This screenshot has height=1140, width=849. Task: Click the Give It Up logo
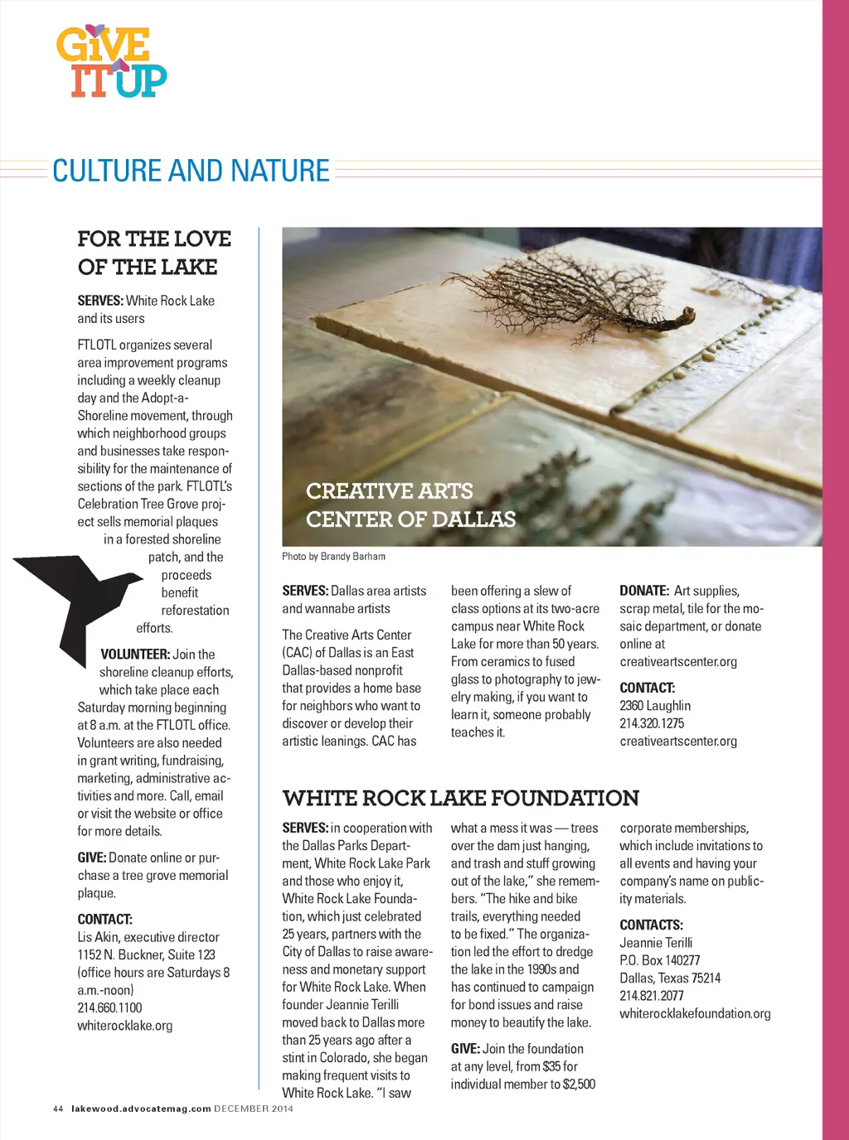pos(111,62)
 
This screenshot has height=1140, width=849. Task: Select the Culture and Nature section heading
pos(191,171)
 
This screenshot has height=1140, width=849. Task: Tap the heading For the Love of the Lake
pos(154,253)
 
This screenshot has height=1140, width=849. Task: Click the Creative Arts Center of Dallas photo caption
pos(410,505)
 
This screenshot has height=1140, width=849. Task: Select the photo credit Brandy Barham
pos(333,557)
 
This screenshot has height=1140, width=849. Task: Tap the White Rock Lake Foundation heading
pos(460,798)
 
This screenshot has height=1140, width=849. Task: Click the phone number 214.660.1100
pos(109,1007)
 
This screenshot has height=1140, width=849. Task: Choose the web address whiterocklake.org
pos(124,1026)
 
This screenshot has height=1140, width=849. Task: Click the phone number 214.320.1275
pos(652,723)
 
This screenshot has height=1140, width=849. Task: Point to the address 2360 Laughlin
pos(655,706)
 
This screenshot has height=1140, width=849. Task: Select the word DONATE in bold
pos(643,591)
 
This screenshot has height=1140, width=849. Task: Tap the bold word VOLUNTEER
pos(135,655)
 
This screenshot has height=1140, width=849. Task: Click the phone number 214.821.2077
pos(652,996)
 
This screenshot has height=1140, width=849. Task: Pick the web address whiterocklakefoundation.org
pos(695,1013)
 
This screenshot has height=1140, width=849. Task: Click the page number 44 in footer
pos(58,1109)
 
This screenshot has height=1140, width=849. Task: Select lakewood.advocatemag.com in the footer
pos(141,1109)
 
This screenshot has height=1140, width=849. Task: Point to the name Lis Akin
pos(98,937)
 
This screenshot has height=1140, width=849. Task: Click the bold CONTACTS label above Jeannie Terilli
pos(651,925)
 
